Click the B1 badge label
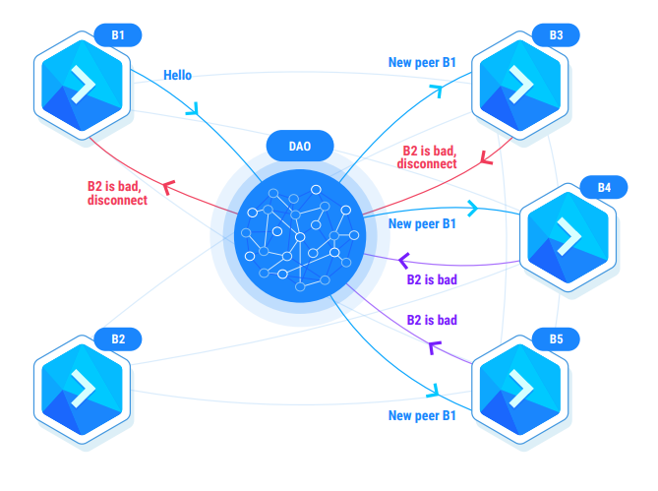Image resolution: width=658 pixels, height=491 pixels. pos(118,34)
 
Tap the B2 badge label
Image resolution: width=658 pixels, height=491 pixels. pos(118,338)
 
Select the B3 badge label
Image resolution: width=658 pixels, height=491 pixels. pos(557,34)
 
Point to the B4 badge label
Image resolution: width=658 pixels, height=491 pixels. pos(604,187)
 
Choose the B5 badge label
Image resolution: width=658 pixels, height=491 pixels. pos(557,339)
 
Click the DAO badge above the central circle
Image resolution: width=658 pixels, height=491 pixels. pos(300,147)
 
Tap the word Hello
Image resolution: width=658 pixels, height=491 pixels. pos(180,74)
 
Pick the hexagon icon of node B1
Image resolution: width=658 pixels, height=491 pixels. pos(83,88)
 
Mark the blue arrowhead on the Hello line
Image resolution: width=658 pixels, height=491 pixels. pos(195,108)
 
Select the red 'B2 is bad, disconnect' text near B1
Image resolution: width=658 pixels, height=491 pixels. pos(117,192)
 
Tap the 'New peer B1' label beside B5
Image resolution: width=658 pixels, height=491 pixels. pos(422,415)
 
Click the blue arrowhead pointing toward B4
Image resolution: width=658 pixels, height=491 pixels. pos(472,209)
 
